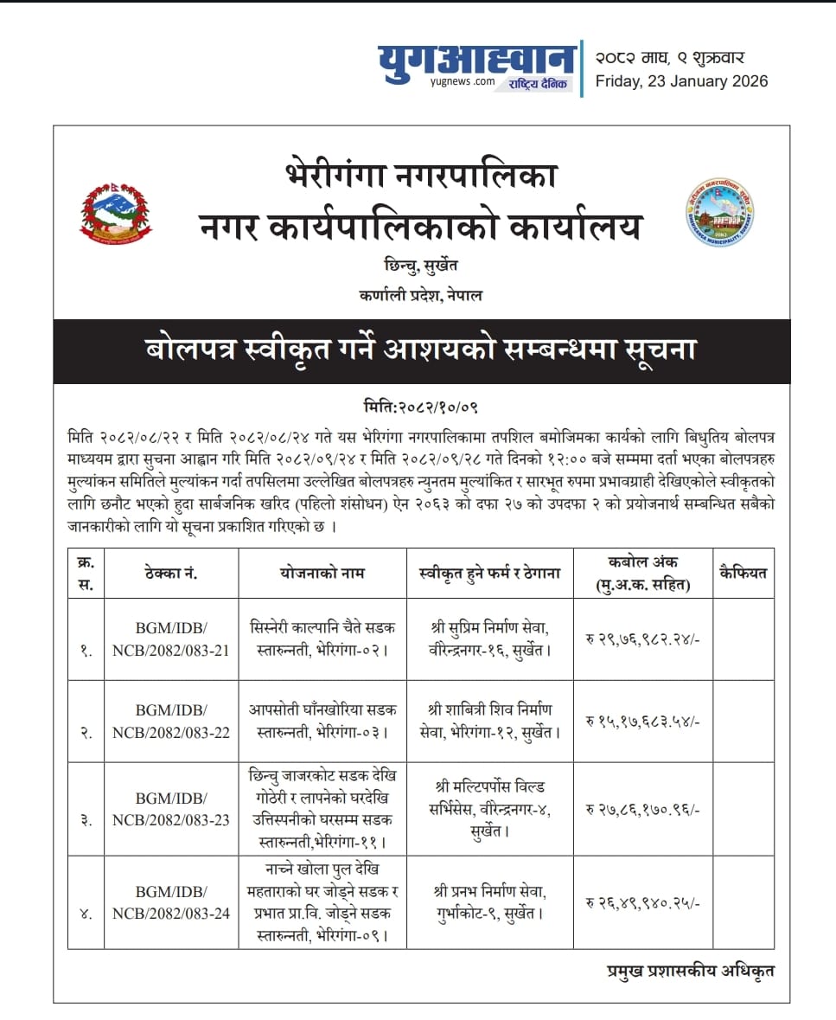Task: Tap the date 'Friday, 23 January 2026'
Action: pos(681,81)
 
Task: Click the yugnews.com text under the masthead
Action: pos(462,81)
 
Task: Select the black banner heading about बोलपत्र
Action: pos(421,351)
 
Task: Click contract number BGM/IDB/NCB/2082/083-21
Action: pos(171,639)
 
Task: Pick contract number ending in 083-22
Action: pos(171,721)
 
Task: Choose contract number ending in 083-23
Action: pos(171,809)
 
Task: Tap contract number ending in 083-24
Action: pos(171,901)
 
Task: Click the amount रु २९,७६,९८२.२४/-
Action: pos(642,640)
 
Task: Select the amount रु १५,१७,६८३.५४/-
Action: pos(642,722)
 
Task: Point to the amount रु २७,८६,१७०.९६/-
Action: pos(642,810)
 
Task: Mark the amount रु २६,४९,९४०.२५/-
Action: pos(642,902)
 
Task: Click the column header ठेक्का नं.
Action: pos(171,573)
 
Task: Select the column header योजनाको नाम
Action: pos(322,573)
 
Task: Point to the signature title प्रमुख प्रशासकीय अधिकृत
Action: pos(690,971)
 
